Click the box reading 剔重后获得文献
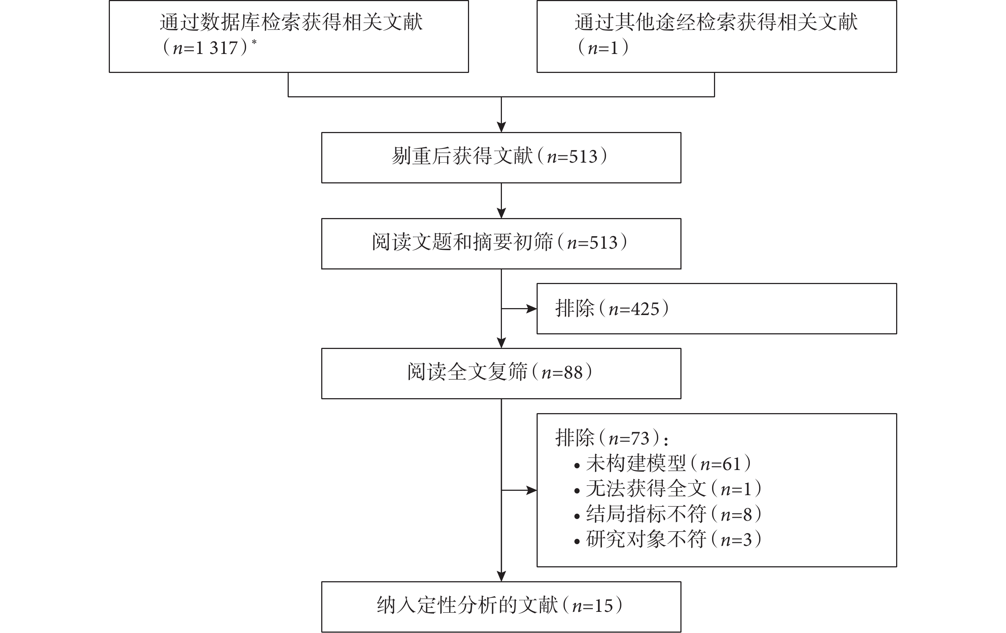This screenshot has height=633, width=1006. coord(501,158)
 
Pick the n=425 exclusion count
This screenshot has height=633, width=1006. coord(634,309)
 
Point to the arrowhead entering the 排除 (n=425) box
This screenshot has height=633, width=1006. coord(531,309)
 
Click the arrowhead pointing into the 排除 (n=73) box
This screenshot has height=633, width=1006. coord(531,490)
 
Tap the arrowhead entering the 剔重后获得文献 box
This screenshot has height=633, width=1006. coord(501,127)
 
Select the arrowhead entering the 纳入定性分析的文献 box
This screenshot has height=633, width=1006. coord(501,576)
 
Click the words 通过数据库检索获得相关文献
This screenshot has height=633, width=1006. coord(291,23)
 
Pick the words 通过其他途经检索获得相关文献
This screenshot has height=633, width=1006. coord(716,23)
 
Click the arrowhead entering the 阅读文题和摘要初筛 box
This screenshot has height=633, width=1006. coord(501,213)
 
